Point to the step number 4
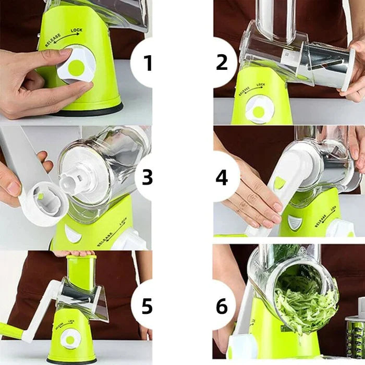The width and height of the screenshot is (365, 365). (x=222, y=178)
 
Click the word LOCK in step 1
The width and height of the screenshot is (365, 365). (x=77, y=30)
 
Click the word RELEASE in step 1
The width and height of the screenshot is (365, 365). (x=53, y=40)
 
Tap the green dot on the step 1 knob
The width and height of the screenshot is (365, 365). (x=76, y=67)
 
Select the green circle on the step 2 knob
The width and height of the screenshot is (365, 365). (x=259, y=112)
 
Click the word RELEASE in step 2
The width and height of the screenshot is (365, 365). (x=244, y=91)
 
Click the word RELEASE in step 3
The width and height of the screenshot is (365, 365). (x=105, y=239)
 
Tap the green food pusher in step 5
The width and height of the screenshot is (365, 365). (x=81, y=272)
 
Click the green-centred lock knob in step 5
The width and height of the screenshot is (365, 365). (x=70, y=339)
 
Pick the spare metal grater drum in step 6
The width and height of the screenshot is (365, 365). (x=356, y=335)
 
